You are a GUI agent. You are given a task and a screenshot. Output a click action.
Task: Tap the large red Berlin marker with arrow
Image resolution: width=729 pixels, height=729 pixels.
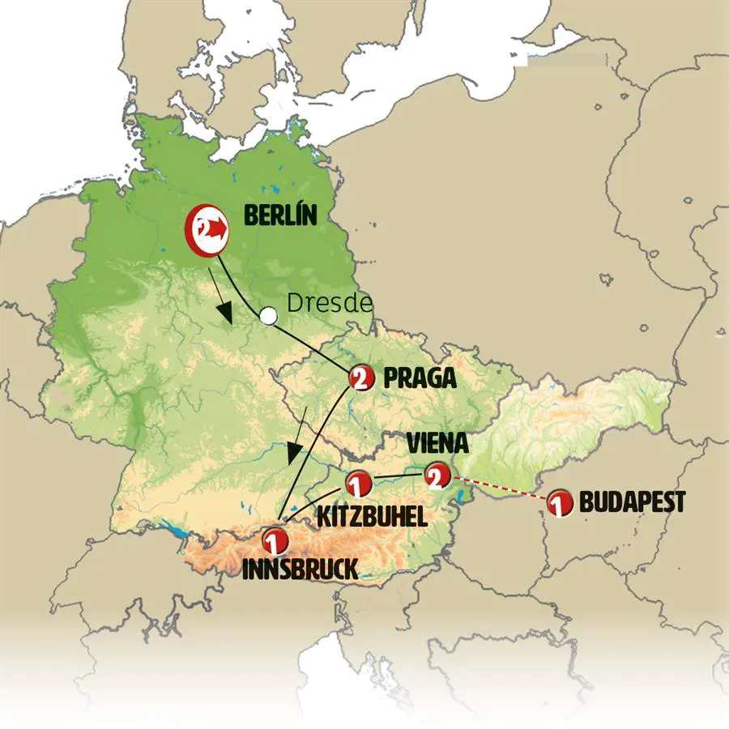210,230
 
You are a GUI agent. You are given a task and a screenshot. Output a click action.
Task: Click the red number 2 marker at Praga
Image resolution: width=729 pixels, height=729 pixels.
361,377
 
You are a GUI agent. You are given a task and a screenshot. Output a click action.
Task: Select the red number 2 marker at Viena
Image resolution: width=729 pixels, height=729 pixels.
436,478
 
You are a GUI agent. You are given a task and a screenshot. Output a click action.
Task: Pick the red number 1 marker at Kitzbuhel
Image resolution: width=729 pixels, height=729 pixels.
357,484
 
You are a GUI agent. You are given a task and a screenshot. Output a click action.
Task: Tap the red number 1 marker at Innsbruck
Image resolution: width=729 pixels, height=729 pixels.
276,539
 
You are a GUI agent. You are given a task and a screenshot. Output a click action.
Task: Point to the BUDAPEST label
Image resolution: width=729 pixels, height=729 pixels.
632,502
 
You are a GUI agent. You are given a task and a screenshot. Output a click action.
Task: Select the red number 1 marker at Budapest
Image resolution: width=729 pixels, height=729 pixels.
558,503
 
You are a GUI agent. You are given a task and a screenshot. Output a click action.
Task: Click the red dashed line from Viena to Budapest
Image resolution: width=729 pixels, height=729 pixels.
498,490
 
